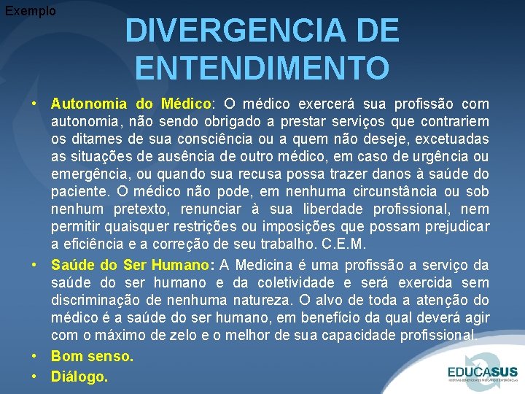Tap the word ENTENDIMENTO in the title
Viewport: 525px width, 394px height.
[262, 69]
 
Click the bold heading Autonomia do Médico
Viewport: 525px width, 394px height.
[131, 104]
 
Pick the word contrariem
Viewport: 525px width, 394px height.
[453, 121]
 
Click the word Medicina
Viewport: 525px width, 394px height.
[279, 264]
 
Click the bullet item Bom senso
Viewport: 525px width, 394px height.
[92, 357]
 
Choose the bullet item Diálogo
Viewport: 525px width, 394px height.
[79, 376]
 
